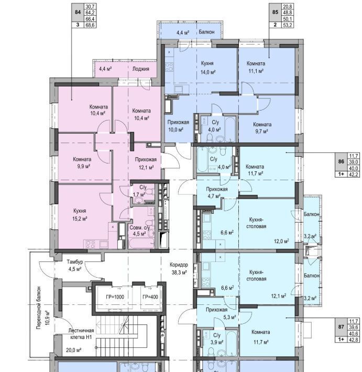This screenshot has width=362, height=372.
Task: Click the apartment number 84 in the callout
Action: pos(78,12)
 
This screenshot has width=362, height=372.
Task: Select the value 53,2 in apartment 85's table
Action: pos(287,25)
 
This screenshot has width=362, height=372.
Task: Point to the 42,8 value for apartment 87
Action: pos(354,340)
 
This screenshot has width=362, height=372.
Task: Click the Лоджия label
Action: pos(141,69)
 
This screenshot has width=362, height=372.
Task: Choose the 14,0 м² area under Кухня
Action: pos(208,72)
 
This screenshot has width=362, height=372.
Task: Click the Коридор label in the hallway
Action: pos(179,265)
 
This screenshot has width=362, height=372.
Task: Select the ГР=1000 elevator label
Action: pos(115,297)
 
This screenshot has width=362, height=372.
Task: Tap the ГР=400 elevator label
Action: pos(150,297)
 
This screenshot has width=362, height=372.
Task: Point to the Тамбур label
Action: pos(75,261)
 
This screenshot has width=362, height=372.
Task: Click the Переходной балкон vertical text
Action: pos(39,308)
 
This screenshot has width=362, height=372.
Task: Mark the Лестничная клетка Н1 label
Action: pos(81,334)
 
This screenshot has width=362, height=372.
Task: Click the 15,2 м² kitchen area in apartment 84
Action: pos(80,218)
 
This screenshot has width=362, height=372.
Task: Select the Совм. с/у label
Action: pos(139,228)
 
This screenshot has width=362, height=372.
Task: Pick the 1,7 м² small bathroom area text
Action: pos(139,194)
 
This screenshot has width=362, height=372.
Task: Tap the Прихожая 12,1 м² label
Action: pos(146,163)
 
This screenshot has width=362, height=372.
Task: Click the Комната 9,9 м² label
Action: pos(82,162)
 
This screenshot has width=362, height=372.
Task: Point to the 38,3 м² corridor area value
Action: pos(179,272)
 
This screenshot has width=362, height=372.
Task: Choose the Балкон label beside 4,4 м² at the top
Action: pos(206,32)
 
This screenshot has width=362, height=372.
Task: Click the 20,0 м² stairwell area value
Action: pos(74,350)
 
